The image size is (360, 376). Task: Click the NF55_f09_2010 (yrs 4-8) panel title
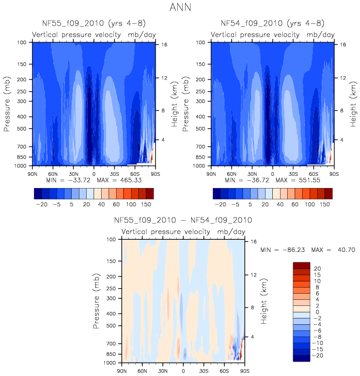tap(93, 23)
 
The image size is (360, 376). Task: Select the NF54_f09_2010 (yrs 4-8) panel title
tap(272, 23)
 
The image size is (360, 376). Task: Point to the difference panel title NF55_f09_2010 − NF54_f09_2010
tap(183, 220)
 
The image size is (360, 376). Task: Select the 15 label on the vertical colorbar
tap(317, 274)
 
